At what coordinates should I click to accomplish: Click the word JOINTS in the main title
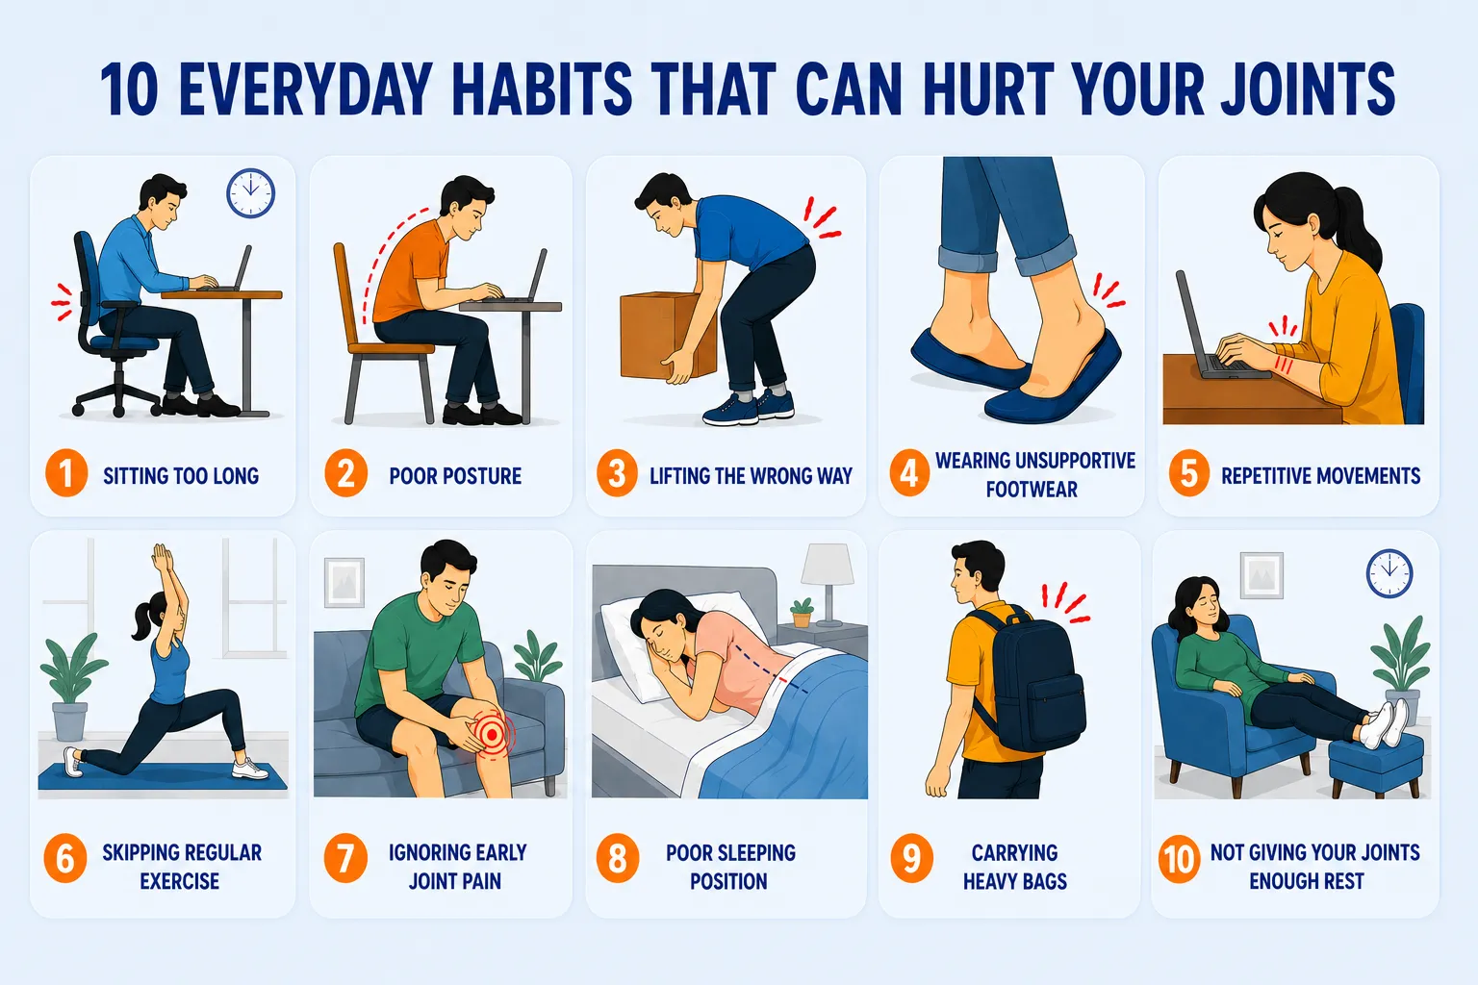coord(1308,89)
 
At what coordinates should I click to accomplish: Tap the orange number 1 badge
coord(66,473)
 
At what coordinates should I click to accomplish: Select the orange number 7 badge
coord(345,858)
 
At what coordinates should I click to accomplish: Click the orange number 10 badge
coord(1179,859)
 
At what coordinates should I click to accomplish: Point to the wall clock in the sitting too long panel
coord(251,193)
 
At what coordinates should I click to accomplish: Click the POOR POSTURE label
coord(455,476)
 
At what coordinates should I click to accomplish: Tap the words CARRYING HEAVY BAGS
coord(1015,867)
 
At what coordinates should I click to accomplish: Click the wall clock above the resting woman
coord(1389,573)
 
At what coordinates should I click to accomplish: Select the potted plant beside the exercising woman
coord(71,686)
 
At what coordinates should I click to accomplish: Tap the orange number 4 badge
coord(909,473)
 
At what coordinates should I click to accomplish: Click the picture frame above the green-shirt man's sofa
coord(344,583)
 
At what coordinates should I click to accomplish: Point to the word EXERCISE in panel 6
coord(180,881)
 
